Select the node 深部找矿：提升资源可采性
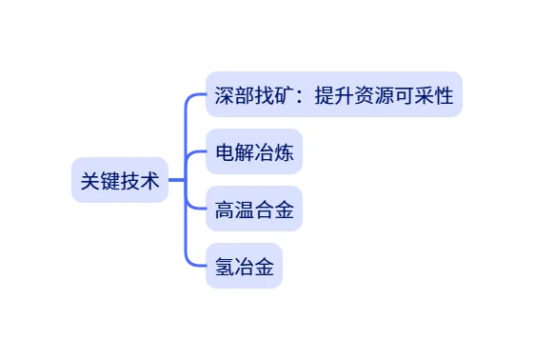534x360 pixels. pyautogui.click(x=333, y=95)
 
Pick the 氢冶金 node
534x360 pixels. pyautogui.click(x=245, y=267)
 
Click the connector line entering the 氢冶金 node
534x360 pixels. pyautogui.click(x=195, y=266)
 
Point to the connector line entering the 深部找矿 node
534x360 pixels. pyautogui.click(x=195, y=96)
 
